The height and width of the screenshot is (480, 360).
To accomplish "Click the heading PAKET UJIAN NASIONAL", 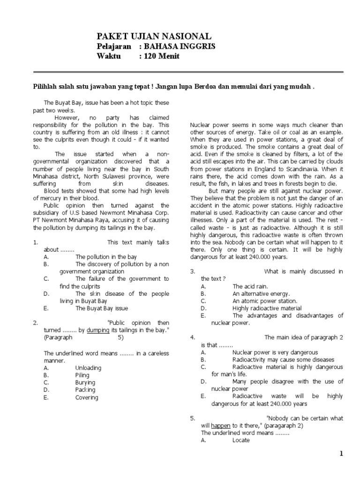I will (x=154, y=36).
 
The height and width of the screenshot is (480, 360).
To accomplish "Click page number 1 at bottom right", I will (x=342, y=454).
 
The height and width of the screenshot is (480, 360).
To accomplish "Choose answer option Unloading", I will (x=89, y=368).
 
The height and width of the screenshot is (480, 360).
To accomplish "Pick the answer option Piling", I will (x=82, y=375).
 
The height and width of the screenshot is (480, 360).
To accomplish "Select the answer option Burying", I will (x=85, y=382).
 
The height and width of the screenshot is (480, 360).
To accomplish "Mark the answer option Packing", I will (x=85, y=390).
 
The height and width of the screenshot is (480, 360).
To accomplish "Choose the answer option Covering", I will (x=87, y=397).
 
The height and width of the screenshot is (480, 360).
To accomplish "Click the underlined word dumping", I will (x=98, y=330).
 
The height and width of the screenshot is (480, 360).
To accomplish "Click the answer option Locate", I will (x=241, y=440).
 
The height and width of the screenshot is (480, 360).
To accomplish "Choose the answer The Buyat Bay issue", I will (x=101, y=308).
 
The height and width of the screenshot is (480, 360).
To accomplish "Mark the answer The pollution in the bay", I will (x=106, y=257).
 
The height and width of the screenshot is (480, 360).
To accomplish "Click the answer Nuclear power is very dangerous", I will (x=275, y=352).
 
